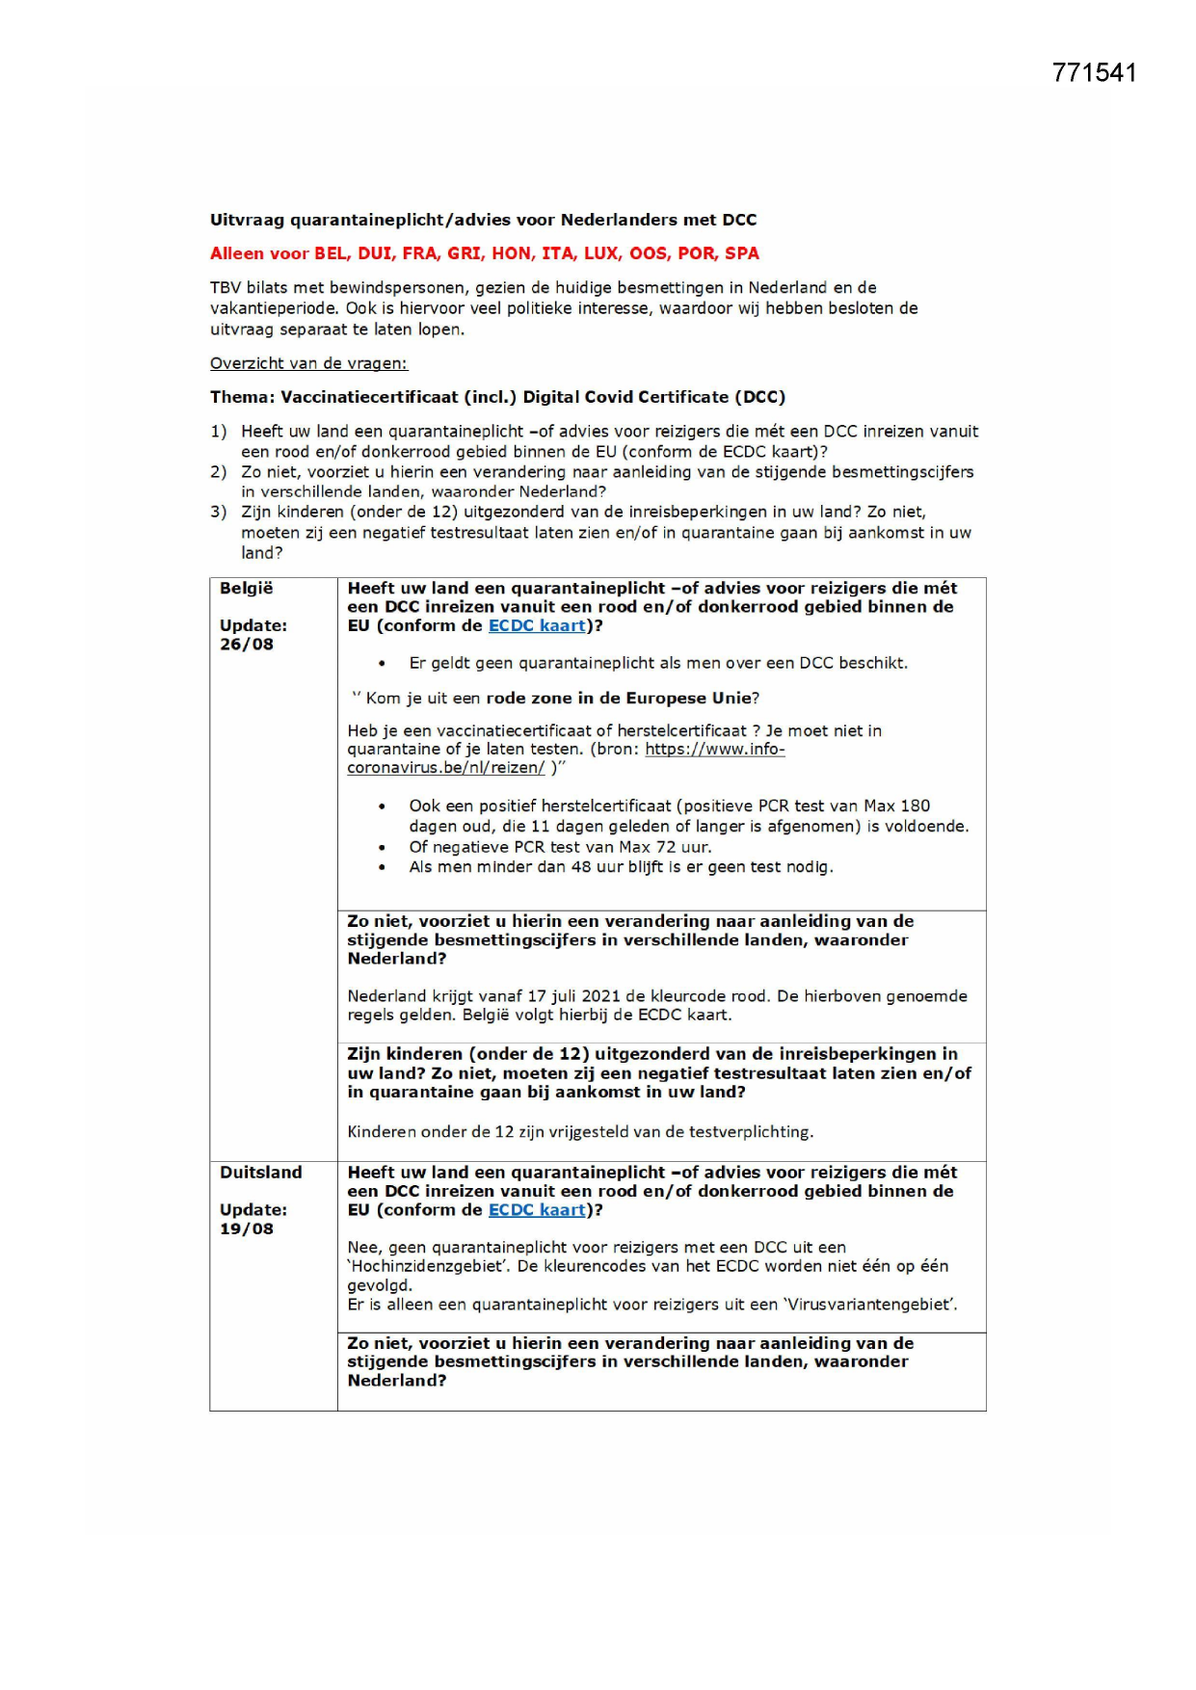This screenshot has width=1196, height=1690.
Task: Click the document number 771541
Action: tap(1094, 73)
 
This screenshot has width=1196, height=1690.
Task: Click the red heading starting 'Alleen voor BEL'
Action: tap(484, 253)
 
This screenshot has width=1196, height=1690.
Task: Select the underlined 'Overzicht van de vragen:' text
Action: tap(308, 363)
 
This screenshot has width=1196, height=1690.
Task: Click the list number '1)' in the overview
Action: tap(219, 432)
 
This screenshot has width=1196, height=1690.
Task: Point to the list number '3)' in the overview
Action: tap(219, 512)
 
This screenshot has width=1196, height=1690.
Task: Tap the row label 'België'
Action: tap(247, 588)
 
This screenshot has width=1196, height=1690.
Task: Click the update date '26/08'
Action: tap(247, 645)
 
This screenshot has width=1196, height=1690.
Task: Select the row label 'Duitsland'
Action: tap(260, 1173)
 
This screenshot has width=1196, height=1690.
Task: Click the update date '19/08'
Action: tap(247, 1229)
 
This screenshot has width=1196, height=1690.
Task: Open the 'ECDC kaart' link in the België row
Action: tap(537, 625)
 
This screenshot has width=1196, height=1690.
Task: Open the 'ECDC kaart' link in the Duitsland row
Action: tap(537, 1210)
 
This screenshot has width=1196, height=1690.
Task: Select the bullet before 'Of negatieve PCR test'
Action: tap(383, 848)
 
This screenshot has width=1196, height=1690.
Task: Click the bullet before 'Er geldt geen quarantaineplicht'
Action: tap(383, 664)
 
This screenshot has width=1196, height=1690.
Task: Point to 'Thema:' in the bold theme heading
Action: tap(242, 397)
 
